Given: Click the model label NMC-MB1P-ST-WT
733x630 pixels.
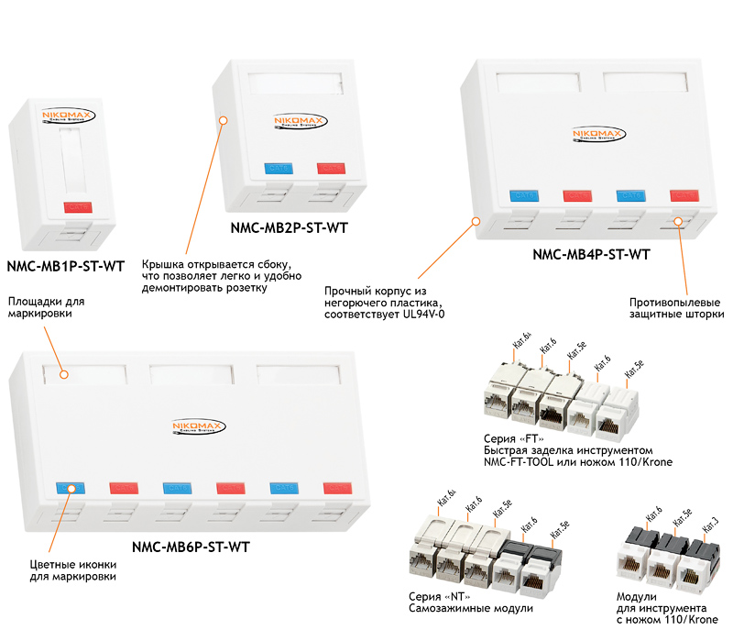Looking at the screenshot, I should pyautogui.click(x=65, y=266).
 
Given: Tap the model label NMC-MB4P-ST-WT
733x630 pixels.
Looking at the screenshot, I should pyautogui.click(x=591, y=255).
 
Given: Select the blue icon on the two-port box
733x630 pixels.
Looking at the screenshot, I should pyautogui.click(x=277, y=169).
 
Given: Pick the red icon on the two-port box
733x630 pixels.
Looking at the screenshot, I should pyautogui.click(x=328, y=169).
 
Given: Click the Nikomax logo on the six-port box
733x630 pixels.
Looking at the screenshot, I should pyautogui.click(x=198, y=426).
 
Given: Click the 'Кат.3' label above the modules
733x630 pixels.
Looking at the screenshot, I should pyautogui.click(x=709, y=524).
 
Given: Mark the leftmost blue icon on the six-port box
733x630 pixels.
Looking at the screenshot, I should pyautogui.click(x=70, y=487).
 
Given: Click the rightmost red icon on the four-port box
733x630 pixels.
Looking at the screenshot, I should pyautogui.click(x=683, y=195).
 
